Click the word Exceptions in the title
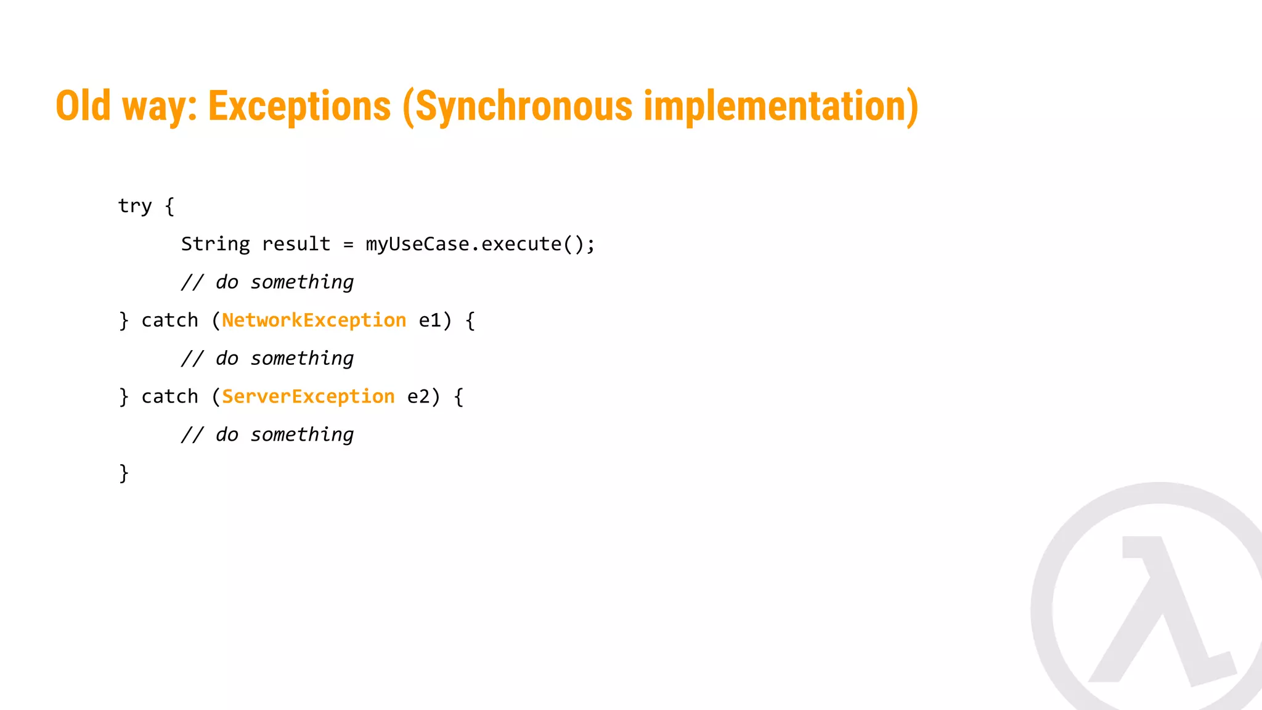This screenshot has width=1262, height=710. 299,106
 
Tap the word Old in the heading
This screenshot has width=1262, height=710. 83,106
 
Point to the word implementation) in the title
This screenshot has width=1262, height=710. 781,106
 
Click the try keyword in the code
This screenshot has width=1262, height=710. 134,206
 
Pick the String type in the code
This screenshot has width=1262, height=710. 215,244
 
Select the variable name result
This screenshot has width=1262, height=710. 296,244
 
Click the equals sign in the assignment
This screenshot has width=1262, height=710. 348,245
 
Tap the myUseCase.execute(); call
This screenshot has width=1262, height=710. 480,244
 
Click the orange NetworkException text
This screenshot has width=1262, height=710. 314,320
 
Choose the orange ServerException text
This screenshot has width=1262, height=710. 308,396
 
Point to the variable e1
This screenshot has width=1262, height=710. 430,320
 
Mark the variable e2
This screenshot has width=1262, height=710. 418,396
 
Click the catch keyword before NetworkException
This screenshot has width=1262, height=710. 169,320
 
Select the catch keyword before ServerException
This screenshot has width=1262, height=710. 169,396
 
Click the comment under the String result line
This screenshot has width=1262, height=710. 267,282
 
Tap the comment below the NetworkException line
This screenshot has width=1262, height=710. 267,359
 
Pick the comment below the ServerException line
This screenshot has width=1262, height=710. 267,435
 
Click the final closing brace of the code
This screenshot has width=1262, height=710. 124,473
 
